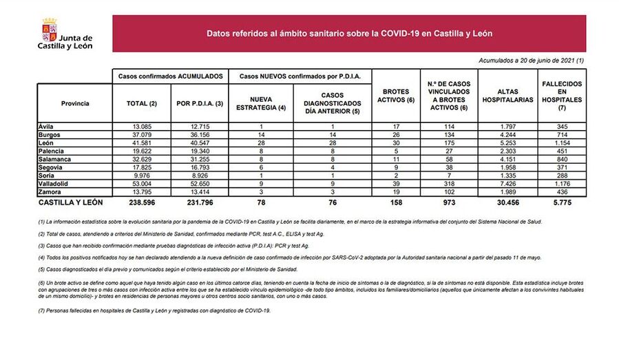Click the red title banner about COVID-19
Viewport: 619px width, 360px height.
point(349,34)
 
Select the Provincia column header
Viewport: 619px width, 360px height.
point(75,103)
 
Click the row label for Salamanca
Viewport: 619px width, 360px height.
point(56,159)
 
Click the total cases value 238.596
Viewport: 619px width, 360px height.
point(142,204)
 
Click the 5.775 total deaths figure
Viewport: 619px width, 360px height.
point(562,204)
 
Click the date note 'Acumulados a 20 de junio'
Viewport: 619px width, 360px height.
point(531,61)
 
